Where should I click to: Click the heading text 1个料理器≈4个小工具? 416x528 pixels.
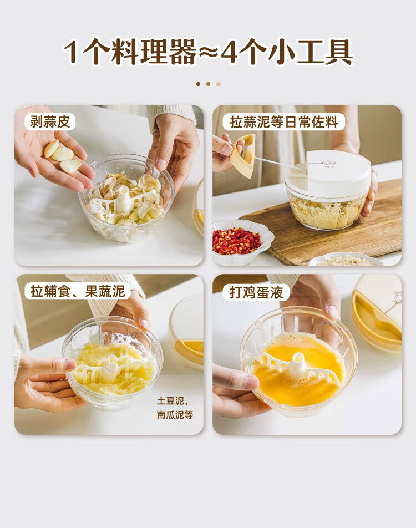[208, 52]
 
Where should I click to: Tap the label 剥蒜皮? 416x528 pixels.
[50, 122]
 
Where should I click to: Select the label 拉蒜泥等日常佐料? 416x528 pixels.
[284, 122]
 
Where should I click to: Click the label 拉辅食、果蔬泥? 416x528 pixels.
[78, 291]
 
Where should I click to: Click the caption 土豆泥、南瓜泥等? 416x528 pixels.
[175, 408]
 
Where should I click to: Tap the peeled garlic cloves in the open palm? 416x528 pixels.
[63, 156]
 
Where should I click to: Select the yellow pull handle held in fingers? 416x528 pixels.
[243, 155]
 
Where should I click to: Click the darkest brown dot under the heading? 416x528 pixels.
[198, 84]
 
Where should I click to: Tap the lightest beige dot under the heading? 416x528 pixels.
[219, 84]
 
